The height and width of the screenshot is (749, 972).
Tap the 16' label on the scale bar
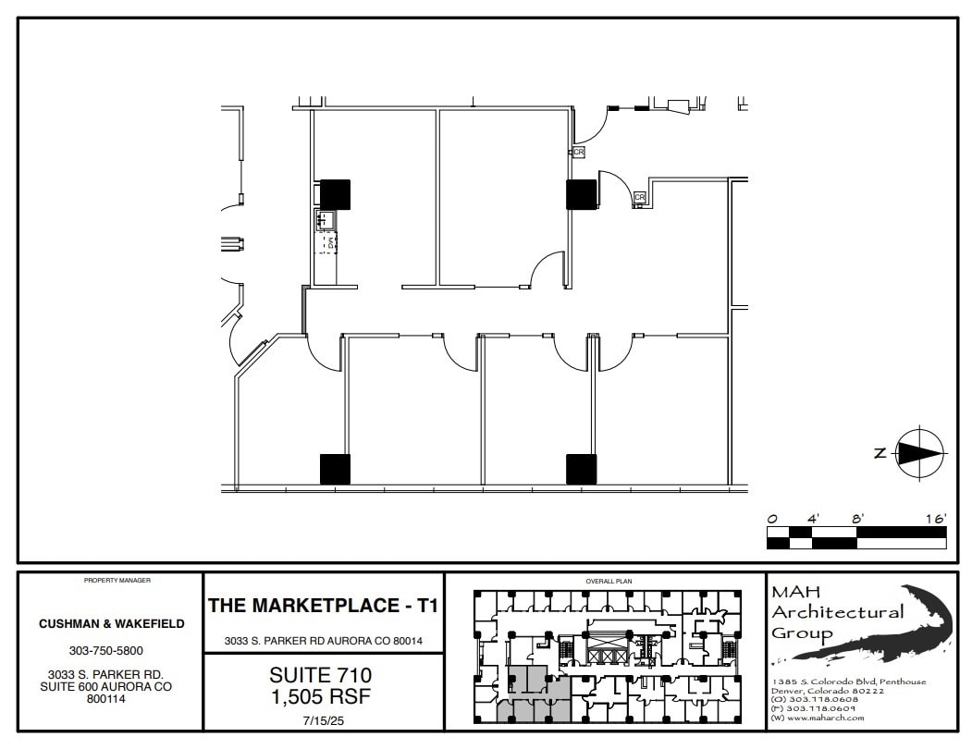pyautogui.click(x=934, y=519)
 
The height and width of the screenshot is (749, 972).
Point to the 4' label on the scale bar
pyautogui.click(x=813, y=519)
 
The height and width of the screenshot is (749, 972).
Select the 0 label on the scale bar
pyautogui.click(x=772, y=519)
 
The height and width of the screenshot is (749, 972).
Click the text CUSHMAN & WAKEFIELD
pyautogui.click(x=111, y=623)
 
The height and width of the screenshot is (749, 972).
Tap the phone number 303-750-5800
pyautogui.click(x=111, y=650)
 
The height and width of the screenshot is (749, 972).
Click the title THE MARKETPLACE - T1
pyautogui.click(x=323, y=607)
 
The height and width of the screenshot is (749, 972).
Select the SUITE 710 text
pyautogui.click(x=321, y=677)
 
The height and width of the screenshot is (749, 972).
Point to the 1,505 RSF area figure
pyautogui.click(x=321, y=696)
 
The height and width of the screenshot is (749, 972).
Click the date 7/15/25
pyautogui.click(x=321, y=718)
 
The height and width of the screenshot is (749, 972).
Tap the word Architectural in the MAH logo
pyautogui.click(x=838, y=612)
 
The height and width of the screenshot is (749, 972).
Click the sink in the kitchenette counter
pyautogui.click(x=326, y=219)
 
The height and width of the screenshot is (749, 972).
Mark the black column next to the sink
pyautogui.click(x=335, y=194)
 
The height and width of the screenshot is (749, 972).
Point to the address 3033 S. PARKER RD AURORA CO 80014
pyautogui.click(x=323, y=641)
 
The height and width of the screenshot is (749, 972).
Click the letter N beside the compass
pyautogui.click(x=880, y=452)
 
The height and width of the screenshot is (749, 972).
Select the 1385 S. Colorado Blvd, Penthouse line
pyautogui.click(x=848, y=681)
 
